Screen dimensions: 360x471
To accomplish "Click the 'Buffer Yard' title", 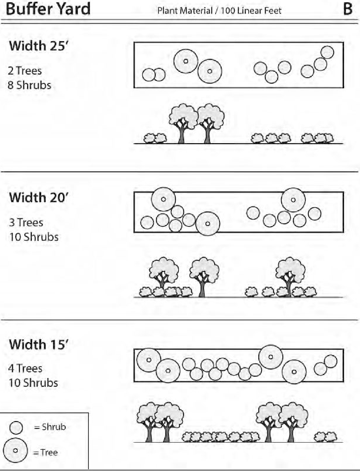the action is pos(48,9).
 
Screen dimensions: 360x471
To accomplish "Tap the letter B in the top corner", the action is pos(347,9).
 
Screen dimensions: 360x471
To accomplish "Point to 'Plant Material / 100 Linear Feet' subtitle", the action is pos(219,11).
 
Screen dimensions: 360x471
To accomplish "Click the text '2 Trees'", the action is pos(25,71).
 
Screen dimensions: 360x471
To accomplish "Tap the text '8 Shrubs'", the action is pos(29,85).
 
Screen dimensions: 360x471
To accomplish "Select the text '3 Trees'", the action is pos(25,223).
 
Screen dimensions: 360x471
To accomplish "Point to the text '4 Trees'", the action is pos(25,369).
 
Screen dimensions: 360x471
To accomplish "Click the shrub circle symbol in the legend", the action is pos(16,427).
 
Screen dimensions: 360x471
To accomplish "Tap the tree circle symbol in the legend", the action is pos(16,451).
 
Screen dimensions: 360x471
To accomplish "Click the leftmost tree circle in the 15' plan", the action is pos(148,360).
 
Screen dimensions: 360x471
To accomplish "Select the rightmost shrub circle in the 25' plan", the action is pos(327,52).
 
